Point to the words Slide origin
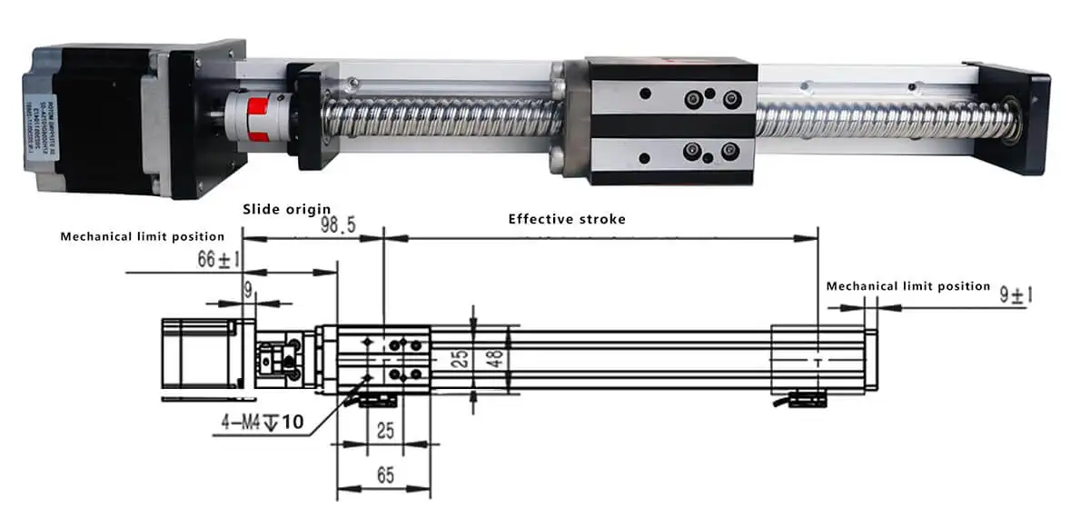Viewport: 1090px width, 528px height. click(x=286, y=209)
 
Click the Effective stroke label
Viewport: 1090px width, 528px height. click(x=567, y=219)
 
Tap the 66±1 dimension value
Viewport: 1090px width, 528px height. click(x=219, y=260)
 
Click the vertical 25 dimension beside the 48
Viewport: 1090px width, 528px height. click(x=461, y=357)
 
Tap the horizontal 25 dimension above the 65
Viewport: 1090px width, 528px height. click(x=385, y=430)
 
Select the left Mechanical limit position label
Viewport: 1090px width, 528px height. click(x=142, y=236)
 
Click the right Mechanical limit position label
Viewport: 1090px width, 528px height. click(x=908, y=286)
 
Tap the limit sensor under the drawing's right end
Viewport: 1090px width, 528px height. click(x=806, y=398)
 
